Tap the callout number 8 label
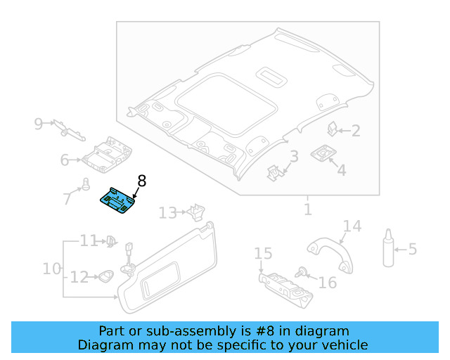(x=141, y=181)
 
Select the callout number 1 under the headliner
(x=307, y=210)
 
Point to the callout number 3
(x=294, y=157)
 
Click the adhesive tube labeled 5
(x=387, y=247)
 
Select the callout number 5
(x=413, y=249)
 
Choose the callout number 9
(x=39, y=124)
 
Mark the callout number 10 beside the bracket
(x=51, y=269)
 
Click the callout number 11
(x=88, y=241)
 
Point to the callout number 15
(x=262, y=253)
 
